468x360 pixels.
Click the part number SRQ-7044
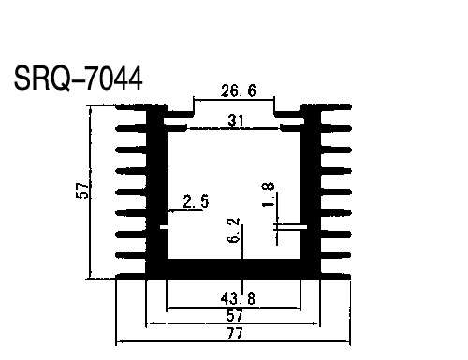[79, 78]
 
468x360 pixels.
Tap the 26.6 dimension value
[239, 91]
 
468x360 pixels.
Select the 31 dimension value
[236, 121]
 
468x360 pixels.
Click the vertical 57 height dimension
[81, 191]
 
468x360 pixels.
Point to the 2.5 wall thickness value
[196, 201]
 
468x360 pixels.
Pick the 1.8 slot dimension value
[268, 194]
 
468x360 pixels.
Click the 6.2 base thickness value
[234, 230]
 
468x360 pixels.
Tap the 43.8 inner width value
[238, 299]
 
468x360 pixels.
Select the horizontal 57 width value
[234, 315]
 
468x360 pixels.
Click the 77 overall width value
[235, 334]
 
